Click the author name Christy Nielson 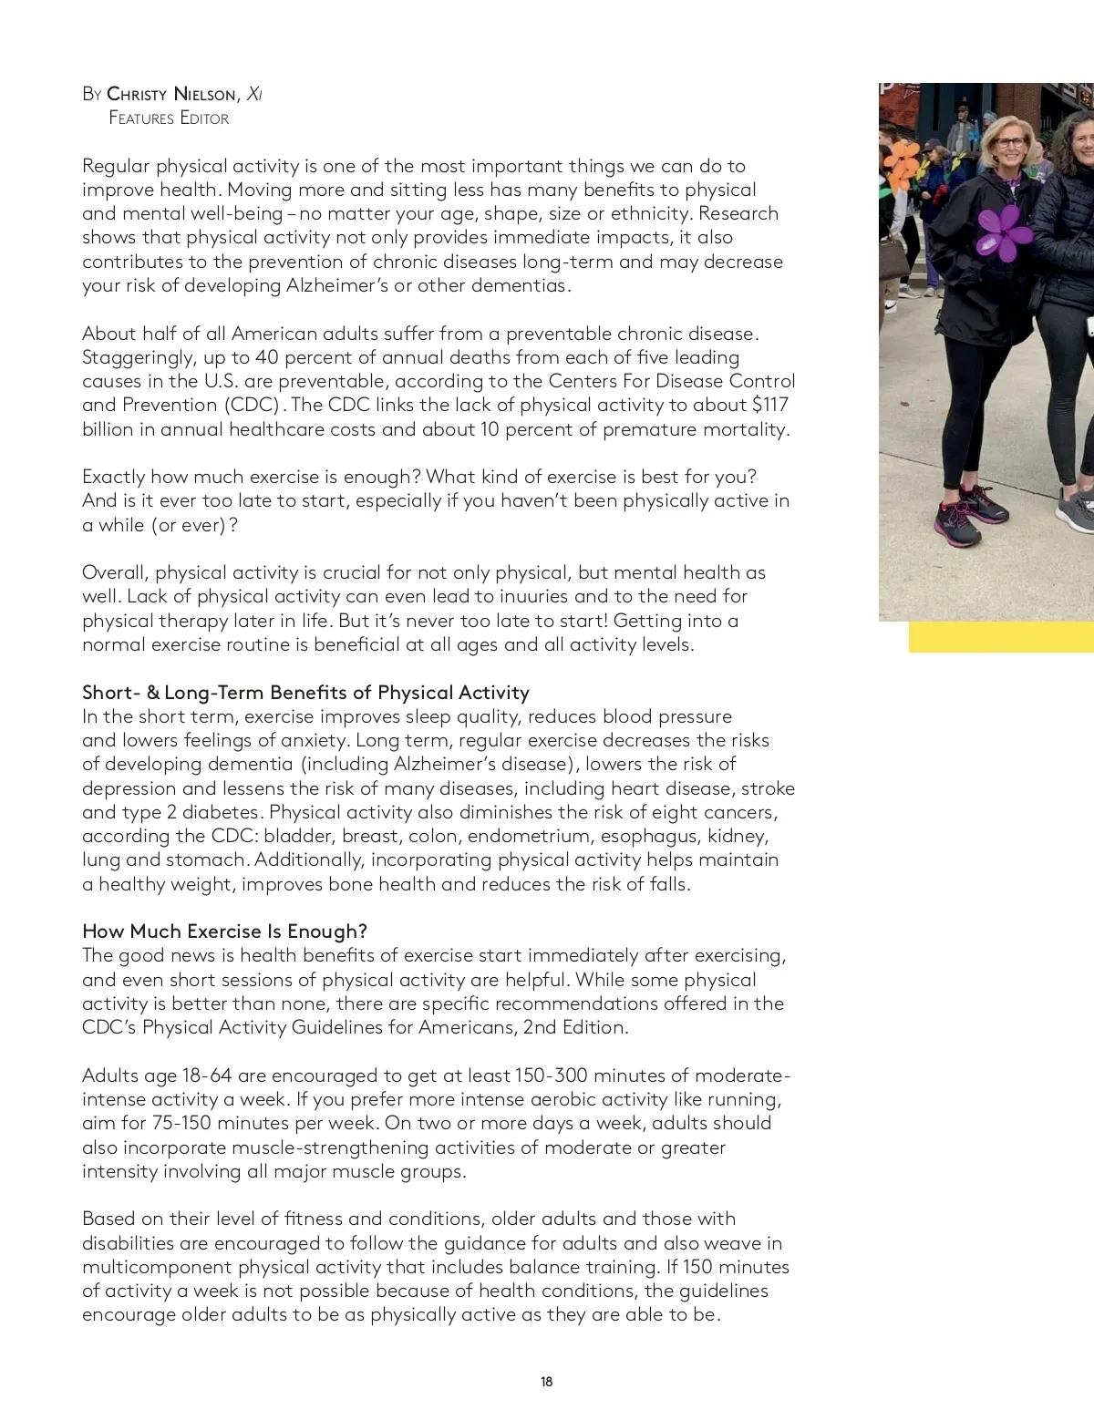pyautogui.click(x=173, y=94)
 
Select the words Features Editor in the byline pyautogui.click(x=169, y=118)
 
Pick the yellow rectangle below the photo pyautogui.click(x=1001, y=637)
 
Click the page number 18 pyautogui.click(x=546, y=1382)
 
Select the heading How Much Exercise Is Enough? pyautogui.click(x=224, y=931)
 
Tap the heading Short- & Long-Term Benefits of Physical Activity pyautogui.click(x=305, y=693)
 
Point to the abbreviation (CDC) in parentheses pyautogui.click(x=250, y=406)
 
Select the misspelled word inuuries pyautogui.click(x=502, y=597)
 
